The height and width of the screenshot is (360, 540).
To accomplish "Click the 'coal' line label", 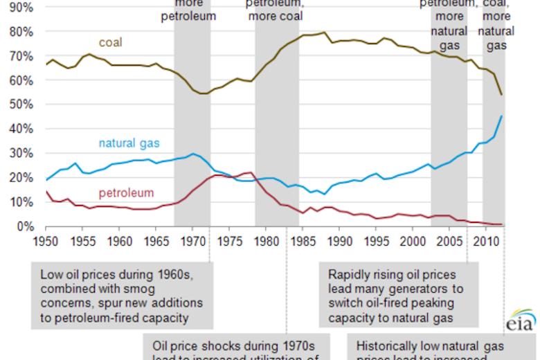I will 110,43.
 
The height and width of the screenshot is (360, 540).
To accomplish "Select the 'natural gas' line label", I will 129,144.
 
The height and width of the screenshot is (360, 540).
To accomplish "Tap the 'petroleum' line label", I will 126,192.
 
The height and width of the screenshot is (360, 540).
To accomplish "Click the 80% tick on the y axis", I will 17,32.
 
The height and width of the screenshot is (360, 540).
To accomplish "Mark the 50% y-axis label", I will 17,105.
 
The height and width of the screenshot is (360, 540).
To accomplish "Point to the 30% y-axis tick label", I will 17,153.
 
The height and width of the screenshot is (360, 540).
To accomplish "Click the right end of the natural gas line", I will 501,116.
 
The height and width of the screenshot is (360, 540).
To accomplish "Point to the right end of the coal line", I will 501,95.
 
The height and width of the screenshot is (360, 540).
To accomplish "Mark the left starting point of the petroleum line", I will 46,191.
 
